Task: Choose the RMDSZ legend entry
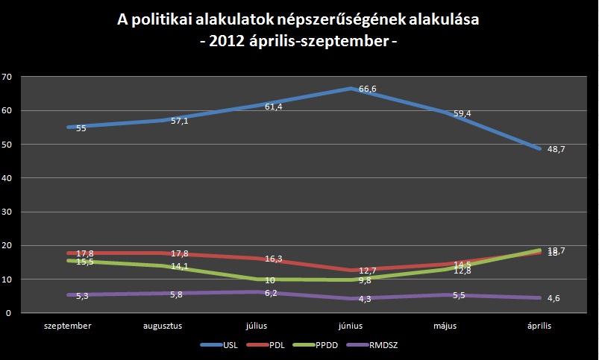(381, 344)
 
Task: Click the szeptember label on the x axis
(68, 326)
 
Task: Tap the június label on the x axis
(350, 326)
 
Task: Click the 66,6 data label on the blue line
(368, 89)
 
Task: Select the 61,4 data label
(274, 107)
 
